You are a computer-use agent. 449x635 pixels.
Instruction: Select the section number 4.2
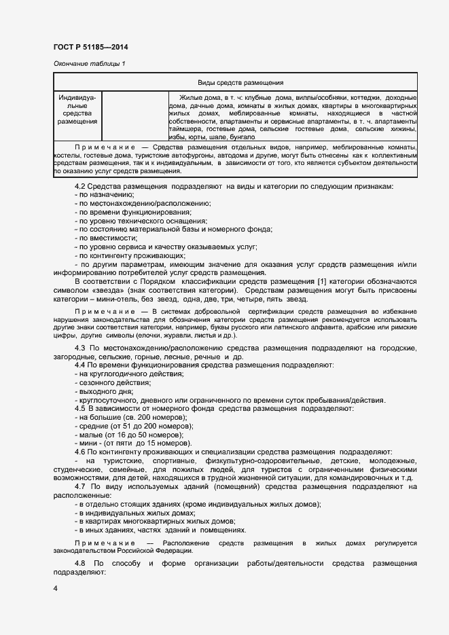(x=80, y=187)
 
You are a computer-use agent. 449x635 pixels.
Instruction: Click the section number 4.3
(x=80, y=348)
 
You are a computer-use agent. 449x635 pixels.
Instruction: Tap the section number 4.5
(x=80, y=408)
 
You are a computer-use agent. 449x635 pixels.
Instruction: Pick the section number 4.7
(x=80, y=487)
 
